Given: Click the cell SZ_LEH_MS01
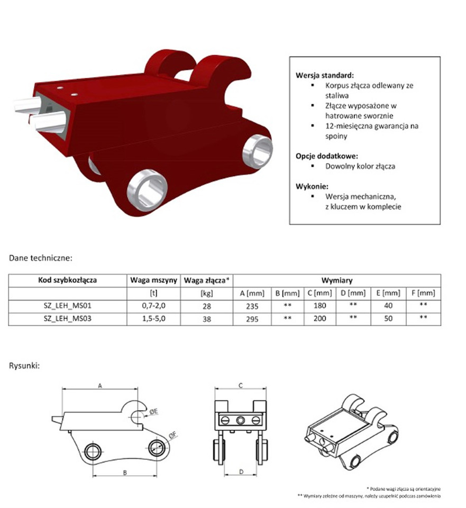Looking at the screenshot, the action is pos(68,306).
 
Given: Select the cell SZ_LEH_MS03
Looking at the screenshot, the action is pos(68,319).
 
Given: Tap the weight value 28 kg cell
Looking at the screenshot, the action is pos(207,306).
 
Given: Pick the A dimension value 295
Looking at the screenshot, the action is pos(252,319).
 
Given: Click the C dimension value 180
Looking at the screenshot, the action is pos(319,306).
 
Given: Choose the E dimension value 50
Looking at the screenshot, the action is pos(388,319).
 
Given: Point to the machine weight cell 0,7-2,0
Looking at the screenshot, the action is pos(153,306).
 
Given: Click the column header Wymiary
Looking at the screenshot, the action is pos(337,280).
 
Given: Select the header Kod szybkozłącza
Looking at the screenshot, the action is pos(68,280).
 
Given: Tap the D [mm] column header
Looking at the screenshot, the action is pos(353,293).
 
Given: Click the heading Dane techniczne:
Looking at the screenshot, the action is pos(41,258).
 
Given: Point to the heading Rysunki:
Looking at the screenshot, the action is pos(24,366).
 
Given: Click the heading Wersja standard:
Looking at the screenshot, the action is pos(324,76).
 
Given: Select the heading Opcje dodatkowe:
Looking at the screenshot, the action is pos(327,156).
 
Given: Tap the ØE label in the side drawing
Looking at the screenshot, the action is pos(153,412).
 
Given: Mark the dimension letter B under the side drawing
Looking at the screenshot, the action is pos(125,473).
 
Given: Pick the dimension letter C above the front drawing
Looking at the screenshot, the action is pos(241,386).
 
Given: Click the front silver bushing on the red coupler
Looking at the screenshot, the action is pos(148,190).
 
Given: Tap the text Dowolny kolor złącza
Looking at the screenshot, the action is pos(360,166).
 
